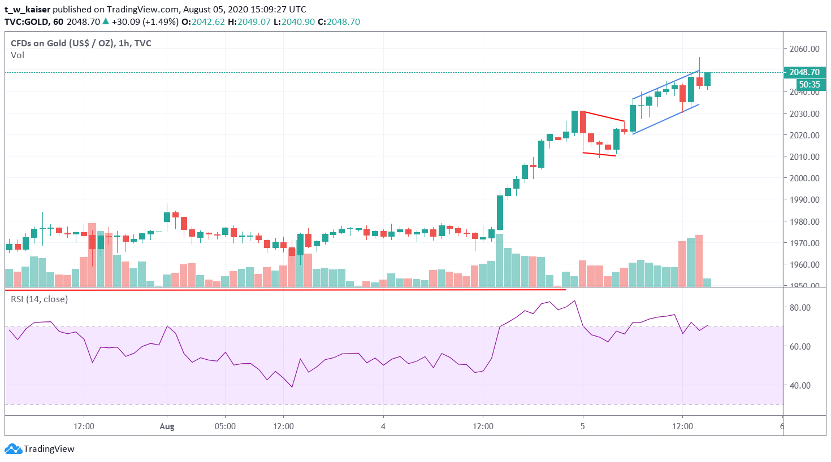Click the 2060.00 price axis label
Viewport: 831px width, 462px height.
[x=804, y=49]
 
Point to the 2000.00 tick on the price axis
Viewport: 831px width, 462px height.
[x=804, y=178]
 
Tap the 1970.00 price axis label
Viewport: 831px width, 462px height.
[x=804, y=243]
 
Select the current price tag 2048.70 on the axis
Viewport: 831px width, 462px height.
[x=804, y=72]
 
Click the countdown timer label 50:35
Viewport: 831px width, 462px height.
[x=809, y=85]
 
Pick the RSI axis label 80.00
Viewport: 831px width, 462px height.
[x=800, y=308]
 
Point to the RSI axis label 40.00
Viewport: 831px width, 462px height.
[x=800, y=385]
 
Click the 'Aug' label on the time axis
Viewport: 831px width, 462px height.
[x=167, y=426]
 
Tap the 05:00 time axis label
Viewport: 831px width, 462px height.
[x=225, y=426]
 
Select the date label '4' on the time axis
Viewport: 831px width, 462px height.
[x=383, y=426]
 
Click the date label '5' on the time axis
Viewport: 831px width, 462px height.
[x=582, y=426]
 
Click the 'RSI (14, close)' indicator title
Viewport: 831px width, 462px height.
[x=39, y=299]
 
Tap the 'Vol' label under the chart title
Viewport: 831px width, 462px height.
[x=18, y=55]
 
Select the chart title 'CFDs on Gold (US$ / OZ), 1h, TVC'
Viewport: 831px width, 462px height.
[x=81, y=43]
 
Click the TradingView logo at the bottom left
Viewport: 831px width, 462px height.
[x=40, y=449]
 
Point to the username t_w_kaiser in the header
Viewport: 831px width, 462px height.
[x=27, y=10]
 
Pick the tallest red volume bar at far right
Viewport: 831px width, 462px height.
[x=699, y=260]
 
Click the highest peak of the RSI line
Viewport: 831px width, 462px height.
[x=574, y=301]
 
